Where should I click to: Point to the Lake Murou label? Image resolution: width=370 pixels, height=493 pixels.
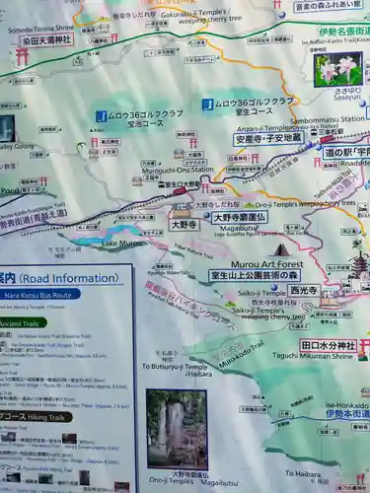[122, 243]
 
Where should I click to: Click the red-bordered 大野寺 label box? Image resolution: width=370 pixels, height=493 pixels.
[184, 224]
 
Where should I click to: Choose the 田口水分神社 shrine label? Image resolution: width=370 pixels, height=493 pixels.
[327, 346]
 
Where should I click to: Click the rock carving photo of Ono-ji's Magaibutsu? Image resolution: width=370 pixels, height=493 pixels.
[177, 429]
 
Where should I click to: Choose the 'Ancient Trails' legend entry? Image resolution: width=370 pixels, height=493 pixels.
[22, 323]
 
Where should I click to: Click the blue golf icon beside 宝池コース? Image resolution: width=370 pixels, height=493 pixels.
[101, 116]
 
